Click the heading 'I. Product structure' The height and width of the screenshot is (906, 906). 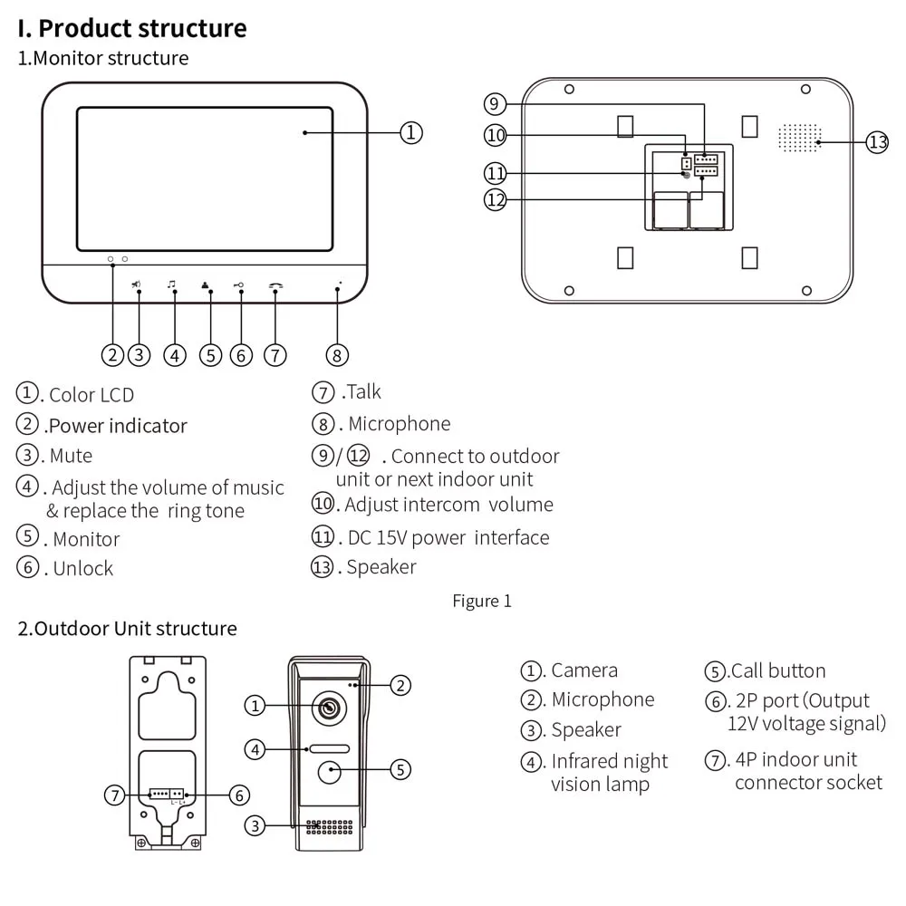(x=132, y=28)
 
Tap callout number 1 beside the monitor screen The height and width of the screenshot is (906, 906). (x=410, y=133)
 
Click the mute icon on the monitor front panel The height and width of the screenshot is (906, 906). (x=137, y=284)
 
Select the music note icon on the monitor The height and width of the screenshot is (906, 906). (x=171, y=284)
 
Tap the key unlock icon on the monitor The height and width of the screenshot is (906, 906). (x=238, y=284)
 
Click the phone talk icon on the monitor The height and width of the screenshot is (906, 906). (x=275, y=285)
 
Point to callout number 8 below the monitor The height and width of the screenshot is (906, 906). (x=337, y=355)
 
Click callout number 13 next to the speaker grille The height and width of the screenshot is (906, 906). (x=877, y=142)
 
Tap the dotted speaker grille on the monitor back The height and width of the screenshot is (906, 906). (x=799, y=138)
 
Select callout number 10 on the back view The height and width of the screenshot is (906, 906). (x=496, y=135)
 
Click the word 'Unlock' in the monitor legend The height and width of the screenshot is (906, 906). (x=83, y=569)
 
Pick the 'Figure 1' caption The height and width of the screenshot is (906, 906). (x=482, y=601)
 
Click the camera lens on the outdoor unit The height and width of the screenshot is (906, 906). (x=330, y=708)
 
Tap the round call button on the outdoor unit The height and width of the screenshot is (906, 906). (x=330, y=772)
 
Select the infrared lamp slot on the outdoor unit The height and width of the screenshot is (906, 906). (x=330, y=749)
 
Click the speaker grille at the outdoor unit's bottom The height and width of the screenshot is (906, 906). (x=330, y=827)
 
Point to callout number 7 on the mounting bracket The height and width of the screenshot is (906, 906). (x=115, y=795)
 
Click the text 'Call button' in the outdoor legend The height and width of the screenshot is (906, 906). (x=778, y=670)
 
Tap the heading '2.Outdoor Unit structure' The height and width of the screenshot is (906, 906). (x=127, y=629)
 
